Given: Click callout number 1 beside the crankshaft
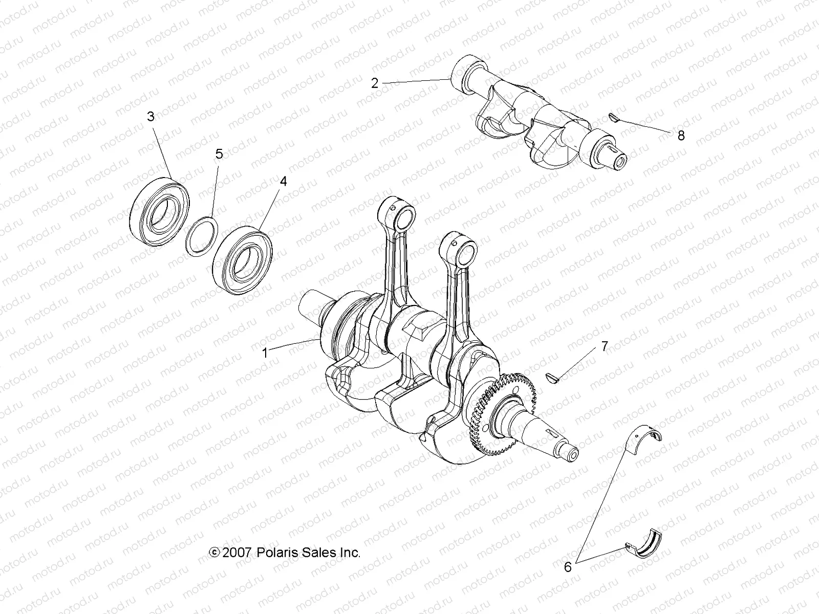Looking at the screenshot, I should [265, 353].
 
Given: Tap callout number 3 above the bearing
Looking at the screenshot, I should [150, 117].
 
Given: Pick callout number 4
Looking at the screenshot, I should [283, 181].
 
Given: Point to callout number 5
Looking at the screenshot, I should [219, 153].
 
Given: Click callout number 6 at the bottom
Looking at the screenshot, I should [567, 566].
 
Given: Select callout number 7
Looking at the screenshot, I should [604, 347].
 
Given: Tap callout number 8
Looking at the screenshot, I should [680, 136].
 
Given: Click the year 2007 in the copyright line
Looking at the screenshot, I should [236, 538].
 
